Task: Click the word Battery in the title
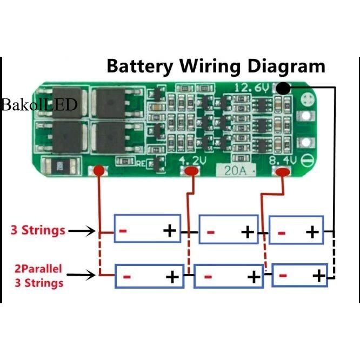pyautogui.click(x=140, y=67)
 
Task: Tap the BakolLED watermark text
pyautogui.click(x=39, y=105)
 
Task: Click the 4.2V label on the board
pyautogui.click(x=192, y=161)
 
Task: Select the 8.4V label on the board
pyautogui.click(x=283, y=161)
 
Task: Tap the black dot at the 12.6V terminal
pyautogui.click(x=283, y=88)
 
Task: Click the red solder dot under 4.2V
pyautogui.click(x=191, y=171)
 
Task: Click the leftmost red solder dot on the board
pyautogui.click(x=99, y=171)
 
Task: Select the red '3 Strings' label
pyautogui.click(x=38, y=230)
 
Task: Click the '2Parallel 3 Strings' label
pyautogui.click(x=38, y=275)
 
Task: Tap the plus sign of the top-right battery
pyautogui.click(x=312, y=231)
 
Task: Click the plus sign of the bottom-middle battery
pyautogui.click(x=254, y=277)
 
